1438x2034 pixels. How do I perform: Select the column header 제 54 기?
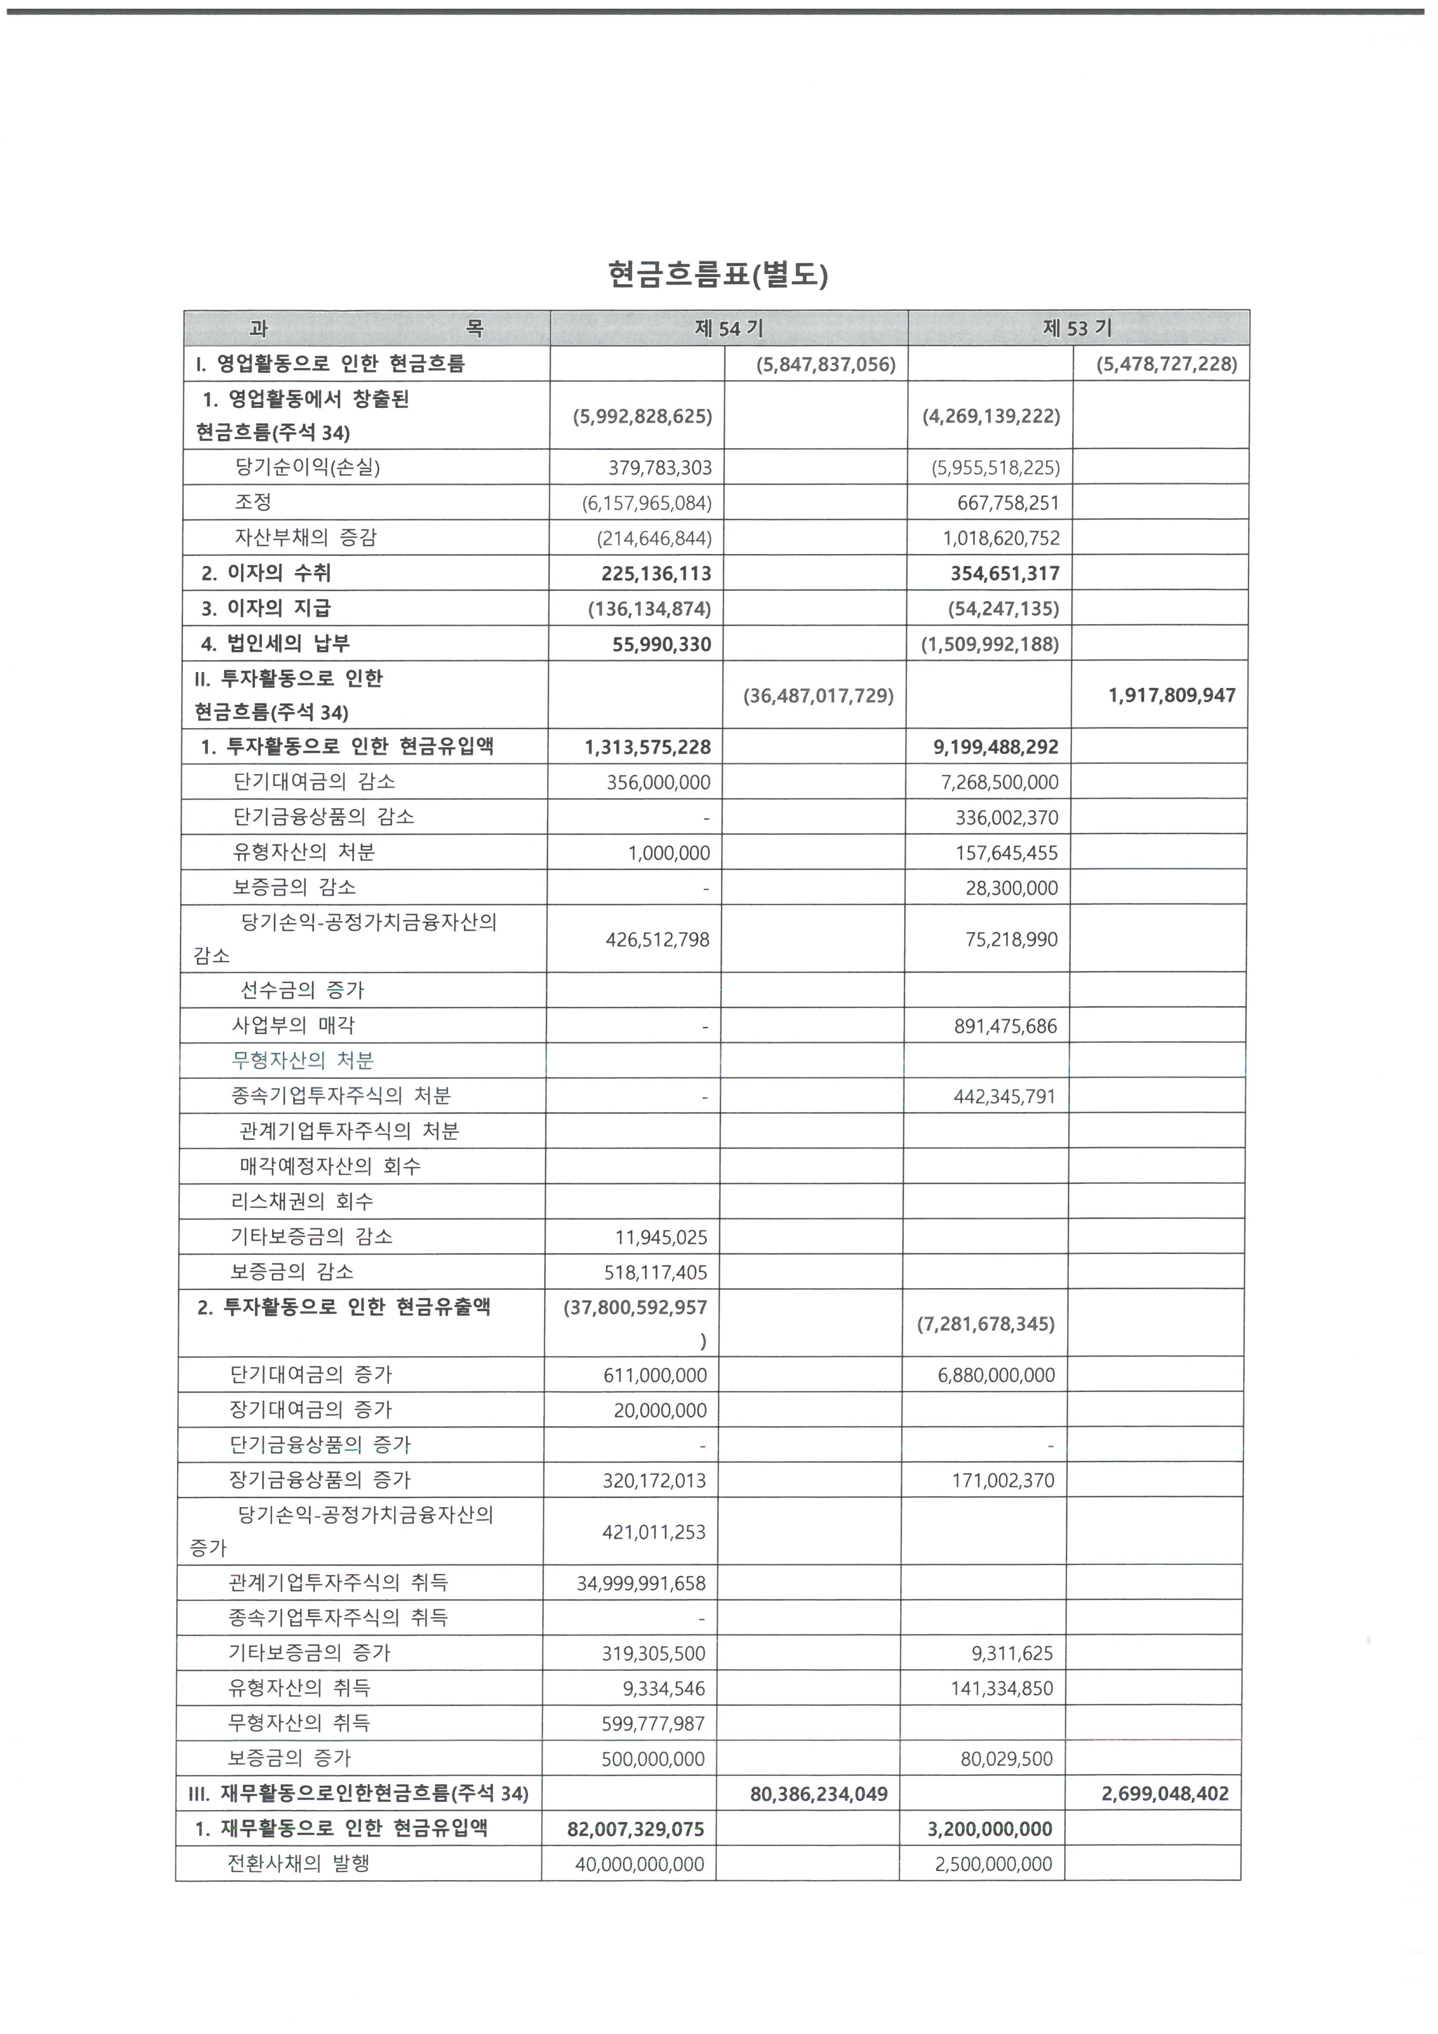pos(728,329)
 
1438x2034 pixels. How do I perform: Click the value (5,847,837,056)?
pos(825,364)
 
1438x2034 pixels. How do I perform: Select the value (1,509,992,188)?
pos(990,644)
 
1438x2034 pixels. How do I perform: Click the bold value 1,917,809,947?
pos(1171,695)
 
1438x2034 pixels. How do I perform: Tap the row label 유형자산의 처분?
pos(304,852)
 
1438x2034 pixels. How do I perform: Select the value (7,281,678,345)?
pos(985,1324)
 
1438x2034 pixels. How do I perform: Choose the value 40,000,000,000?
pos(639,1864)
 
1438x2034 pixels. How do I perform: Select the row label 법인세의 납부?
pos(288,644)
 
